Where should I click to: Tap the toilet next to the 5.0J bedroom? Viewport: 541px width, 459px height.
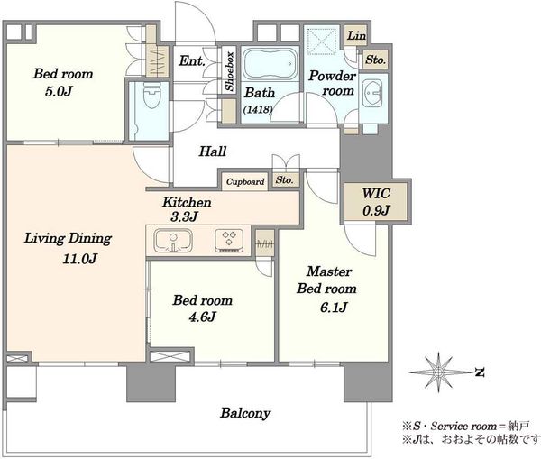(151, 96)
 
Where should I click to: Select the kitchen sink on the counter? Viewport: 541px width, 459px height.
(173, 241)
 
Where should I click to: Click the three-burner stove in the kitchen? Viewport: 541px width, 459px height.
(229, 241)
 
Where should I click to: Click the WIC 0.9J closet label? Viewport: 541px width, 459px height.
(376, 202)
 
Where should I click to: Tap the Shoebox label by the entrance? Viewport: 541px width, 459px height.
(229, 71)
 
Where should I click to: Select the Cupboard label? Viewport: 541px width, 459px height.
(245, 181)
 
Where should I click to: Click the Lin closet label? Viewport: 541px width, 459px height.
(356, 35)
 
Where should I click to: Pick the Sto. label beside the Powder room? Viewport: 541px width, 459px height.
(375, 60)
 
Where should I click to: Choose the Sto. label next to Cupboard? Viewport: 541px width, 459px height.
(285, 179)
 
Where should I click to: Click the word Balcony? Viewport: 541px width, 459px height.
(245, 413)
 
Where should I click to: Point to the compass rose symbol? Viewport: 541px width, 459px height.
(438, 372)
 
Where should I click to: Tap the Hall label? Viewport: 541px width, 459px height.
(213, 151)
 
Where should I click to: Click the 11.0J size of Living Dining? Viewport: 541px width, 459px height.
(79, 259)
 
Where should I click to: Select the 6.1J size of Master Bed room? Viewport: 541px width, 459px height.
(334, 307)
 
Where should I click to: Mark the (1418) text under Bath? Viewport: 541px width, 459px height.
(258, 109)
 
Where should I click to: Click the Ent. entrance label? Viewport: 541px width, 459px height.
(192, 61)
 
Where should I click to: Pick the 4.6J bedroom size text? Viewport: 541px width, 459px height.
(202, 317)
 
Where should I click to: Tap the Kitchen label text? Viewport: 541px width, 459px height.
(187, 202)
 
